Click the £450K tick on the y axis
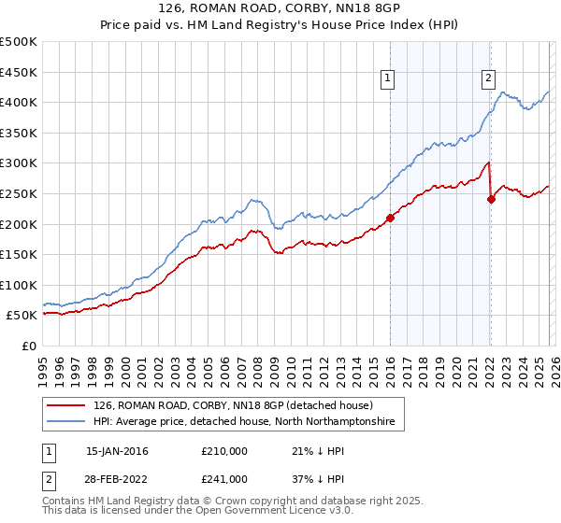click(20, 72)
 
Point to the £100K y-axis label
click(20, 285)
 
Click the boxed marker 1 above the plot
click(387, 79)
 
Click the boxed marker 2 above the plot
click(488, 79)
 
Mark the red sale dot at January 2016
click(390, 218)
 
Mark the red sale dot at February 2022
click(491, 199)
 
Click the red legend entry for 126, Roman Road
click(233, 405)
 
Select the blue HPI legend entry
click(243, 422)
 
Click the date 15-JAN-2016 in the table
click(117, 452)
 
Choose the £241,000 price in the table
click(224, 478)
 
